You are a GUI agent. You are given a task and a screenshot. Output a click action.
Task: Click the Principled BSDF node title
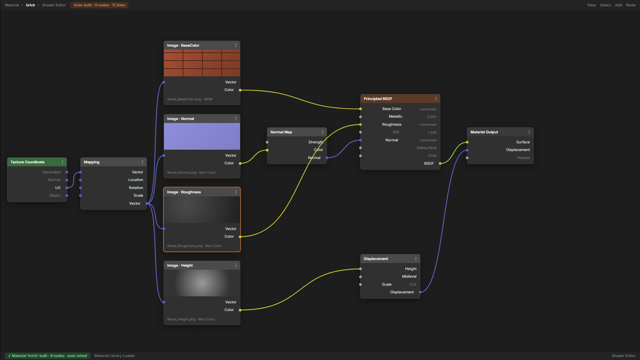[378, 99]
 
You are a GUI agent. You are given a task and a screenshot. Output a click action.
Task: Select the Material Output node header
[500, 132]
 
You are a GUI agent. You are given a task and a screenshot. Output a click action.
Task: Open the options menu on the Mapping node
[142, 162]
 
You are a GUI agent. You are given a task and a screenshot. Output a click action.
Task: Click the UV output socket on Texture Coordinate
[67, 188]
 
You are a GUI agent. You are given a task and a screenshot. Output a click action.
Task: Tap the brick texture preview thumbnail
[202, 63]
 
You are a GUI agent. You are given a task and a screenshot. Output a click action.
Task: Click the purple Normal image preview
[202, 136]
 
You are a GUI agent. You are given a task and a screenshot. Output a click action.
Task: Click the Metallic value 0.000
[432, 117]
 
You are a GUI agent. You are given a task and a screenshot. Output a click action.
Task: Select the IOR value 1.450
[432, 132]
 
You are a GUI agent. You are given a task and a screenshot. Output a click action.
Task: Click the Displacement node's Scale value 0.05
[413, 284]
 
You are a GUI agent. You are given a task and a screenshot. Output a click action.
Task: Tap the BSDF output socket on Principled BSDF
[440, 163]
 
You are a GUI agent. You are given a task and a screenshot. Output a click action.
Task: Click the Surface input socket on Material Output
[467, 142]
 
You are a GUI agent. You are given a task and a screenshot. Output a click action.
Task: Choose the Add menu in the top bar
[618, 5]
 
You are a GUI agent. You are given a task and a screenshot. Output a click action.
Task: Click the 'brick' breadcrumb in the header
[30, 5]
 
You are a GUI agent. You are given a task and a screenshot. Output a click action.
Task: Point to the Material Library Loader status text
[114, 356]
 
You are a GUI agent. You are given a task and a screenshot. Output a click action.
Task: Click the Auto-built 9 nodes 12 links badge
[99, 5]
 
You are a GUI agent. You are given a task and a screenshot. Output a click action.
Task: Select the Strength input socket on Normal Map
[267, 142]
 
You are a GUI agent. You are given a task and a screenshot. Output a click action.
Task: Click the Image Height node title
[180, 265]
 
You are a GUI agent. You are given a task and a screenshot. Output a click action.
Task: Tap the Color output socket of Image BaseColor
[240, 90]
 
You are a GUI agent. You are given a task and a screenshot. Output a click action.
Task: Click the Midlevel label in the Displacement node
[409, 276]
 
